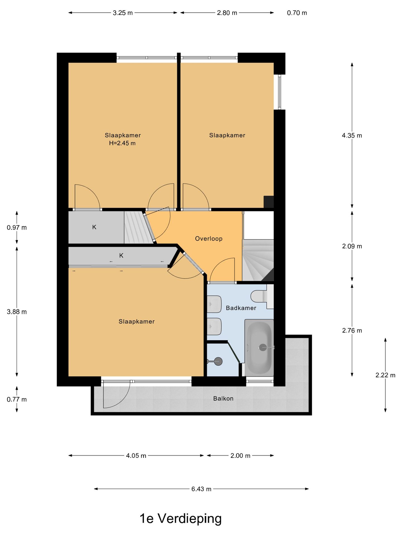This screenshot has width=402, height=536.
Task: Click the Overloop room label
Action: coord(209,239)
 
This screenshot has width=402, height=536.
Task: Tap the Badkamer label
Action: coord(241,308)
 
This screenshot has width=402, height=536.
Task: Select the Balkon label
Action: coord(223,398)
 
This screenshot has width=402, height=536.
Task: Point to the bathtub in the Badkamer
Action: coord(259,348)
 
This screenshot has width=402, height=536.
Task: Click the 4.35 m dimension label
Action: coord(352,135)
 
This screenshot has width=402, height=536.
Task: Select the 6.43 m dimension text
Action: coord(201,489)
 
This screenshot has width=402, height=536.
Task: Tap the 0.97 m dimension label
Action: coord(17,228)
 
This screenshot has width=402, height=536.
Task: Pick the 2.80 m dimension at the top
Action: coord(227,13)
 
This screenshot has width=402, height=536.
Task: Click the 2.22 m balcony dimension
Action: coord(385,375)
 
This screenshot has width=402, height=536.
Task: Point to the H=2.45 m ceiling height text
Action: coord(122,143)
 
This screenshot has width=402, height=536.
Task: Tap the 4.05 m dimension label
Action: coord(136,456)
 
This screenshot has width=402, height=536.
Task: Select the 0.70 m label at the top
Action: coord(297,13)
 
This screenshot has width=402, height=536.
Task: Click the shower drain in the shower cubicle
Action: coord(218,361)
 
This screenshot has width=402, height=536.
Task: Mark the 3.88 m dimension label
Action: coord(17,312)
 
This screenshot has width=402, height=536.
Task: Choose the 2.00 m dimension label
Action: coord(240,456)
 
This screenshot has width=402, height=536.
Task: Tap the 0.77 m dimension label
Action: coord(17,399)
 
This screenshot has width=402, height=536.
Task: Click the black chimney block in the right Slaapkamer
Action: coord(269,202)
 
